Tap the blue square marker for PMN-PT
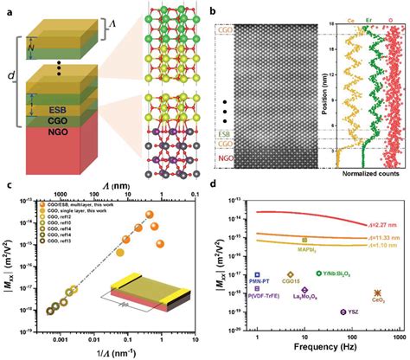pyautogui.click(x=257, y=273)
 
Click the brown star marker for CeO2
pyautogui.click(x=375, y=292)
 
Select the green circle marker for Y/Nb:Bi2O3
pyautogui.click(x=319, y=272)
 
